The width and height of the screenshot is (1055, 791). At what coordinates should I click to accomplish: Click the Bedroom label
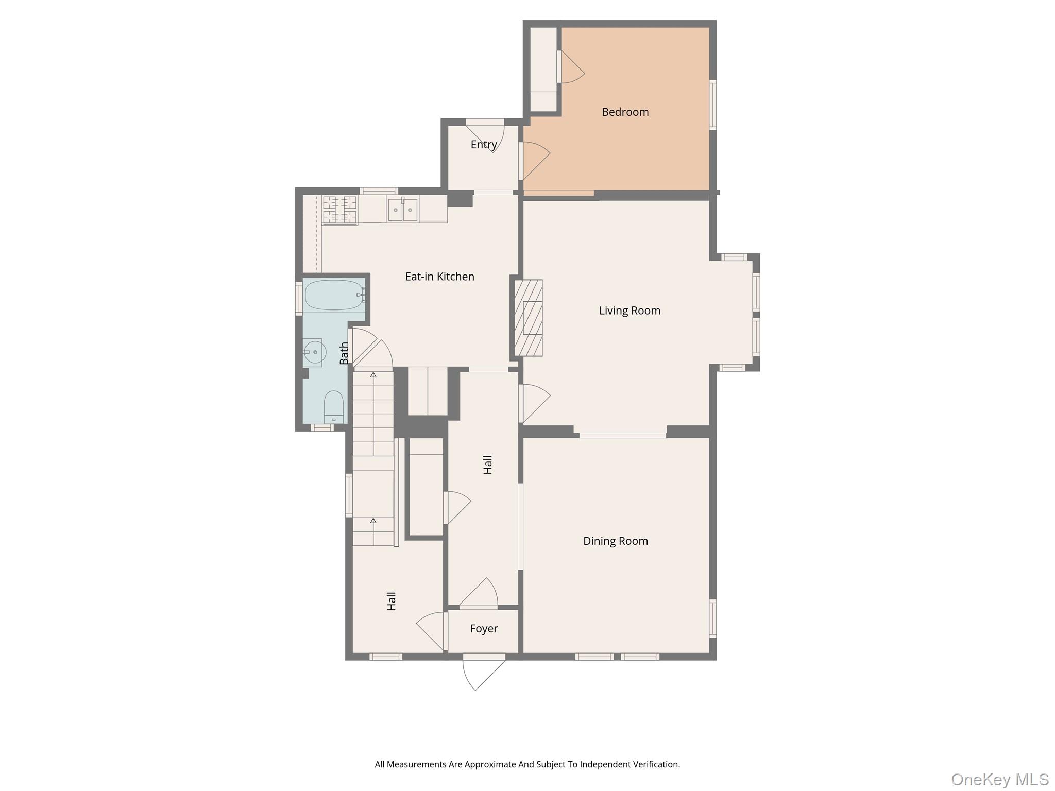pyautogui.click(x=625, y=112)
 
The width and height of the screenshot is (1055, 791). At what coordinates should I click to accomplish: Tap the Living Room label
pyautogui.click(x=629, y=311)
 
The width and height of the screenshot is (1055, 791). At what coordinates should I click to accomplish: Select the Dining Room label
pyautogui.click(x=615, y=541)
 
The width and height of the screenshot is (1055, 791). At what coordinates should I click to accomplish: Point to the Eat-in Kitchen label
pyautogui.click(x=439, y=277)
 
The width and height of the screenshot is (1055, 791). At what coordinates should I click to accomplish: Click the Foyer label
pyautogui.click(x=484, y=628)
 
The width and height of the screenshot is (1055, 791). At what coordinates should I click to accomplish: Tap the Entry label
pyautogui.click(x=484, y=145)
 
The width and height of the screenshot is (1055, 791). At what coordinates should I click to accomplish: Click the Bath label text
pyautogui.click(x=344, y=353)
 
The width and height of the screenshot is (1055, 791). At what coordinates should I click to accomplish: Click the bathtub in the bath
pyautogui.click(x=334, y=295)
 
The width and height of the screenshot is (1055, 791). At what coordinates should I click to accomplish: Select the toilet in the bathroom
pyautogui.click(x=333, y=406)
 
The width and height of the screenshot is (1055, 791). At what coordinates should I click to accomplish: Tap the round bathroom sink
pyautogui.click(x=314, y=352)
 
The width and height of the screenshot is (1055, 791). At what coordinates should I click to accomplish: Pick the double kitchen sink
pyautogui.click(x=402, y=210)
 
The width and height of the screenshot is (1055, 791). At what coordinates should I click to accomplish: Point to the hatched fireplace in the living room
pyautogui.click(x=529, y=318)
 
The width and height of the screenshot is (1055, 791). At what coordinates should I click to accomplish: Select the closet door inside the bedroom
pyautogui.click(x=571, y=67)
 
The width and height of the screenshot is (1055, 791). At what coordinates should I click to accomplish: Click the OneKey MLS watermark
pyautogui.click(x=999, y=779)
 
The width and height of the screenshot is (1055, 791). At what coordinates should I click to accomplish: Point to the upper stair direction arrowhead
pyautogui.click(x=373, y=374)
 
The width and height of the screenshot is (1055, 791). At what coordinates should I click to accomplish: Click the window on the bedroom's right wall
pyautogui.click(x=713, y=105)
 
